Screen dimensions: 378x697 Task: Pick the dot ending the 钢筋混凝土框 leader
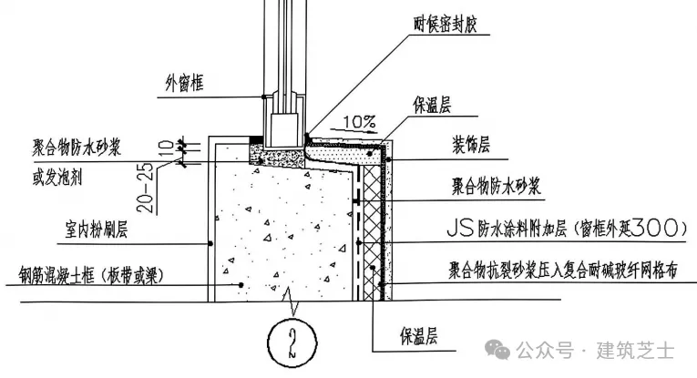pyautogui.click(x=241, y=285)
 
